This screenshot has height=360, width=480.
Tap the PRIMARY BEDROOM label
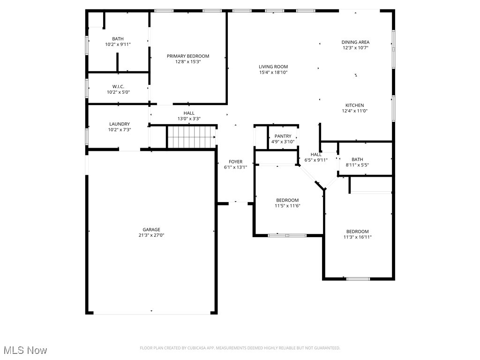[x=188, y=56]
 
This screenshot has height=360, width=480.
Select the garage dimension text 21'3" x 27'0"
[x=151, y=235]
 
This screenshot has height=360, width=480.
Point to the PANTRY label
[x=283, y=136]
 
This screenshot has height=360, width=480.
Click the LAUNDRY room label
[x=119, y=124]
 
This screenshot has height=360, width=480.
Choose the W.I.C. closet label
[x=118, y=86]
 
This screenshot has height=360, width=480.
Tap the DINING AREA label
[x=355, y=42]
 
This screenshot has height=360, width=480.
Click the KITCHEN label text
[x=354, y=105]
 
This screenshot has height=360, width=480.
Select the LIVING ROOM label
[x=273, y=67]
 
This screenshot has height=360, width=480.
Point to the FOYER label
[x=235, y=162]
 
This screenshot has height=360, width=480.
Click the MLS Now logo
[x=25, y=350]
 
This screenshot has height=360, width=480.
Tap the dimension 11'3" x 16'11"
[x=357, y=237]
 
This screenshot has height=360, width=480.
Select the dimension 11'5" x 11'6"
[x=287, y=206]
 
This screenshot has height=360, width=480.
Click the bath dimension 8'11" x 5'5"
[x=357, y=165]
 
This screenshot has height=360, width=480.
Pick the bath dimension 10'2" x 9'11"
[x=118, y=45]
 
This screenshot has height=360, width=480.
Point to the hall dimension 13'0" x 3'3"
[x=189, y=119]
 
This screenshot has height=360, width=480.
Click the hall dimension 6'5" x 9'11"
[x=316, y=160]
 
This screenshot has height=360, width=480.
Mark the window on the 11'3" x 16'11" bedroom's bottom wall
[x=358, y=279]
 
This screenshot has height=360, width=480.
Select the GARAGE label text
[x=151, y=230]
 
